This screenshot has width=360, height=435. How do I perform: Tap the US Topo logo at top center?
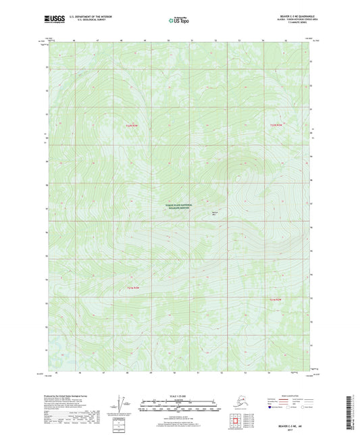(180, 20)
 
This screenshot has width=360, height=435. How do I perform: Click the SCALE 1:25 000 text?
(179, 395)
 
